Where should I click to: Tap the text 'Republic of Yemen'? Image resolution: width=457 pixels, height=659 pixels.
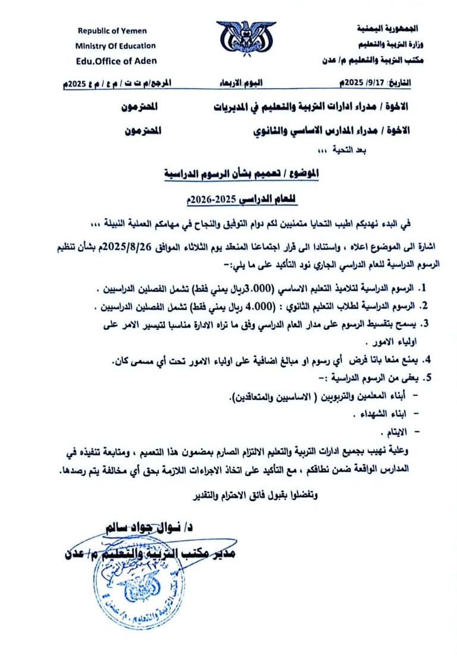[x=112, y=31]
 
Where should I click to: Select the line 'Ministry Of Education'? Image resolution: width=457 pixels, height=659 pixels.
[x=115, y=46]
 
